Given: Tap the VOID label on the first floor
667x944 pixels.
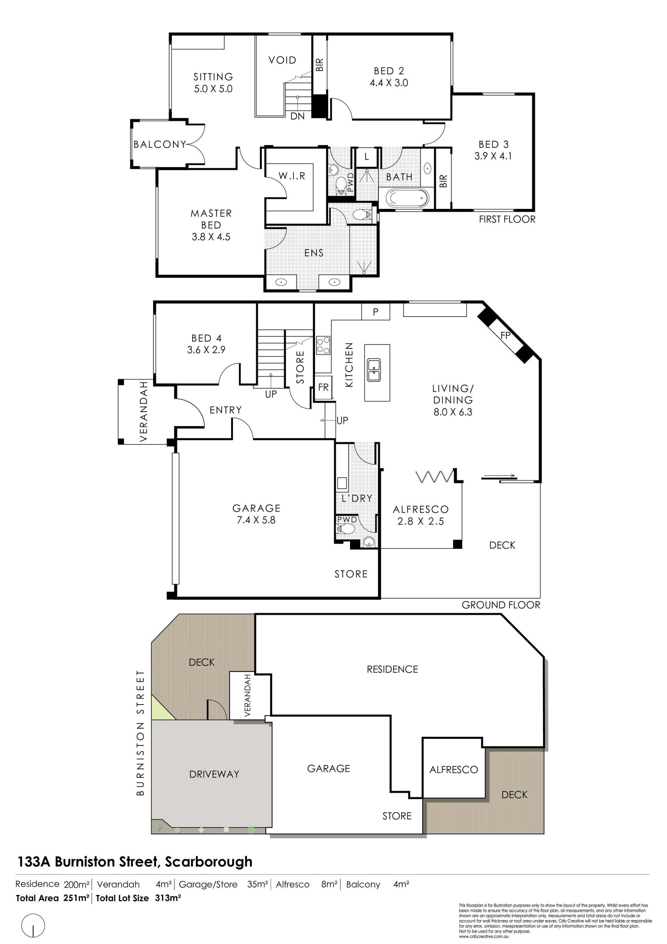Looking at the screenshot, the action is (282, 60).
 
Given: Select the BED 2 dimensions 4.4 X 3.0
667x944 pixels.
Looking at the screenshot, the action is (389, 83).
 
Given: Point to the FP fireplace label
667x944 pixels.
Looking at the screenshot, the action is (505, 335).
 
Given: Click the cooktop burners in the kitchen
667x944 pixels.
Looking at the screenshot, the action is (323, 345).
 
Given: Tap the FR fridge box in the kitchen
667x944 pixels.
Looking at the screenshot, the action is (323, 387).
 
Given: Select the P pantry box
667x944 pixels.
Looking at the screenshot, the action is (376, 312).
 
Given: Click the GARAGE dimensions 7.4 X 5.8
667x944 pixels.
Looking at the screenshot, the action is (256, 520).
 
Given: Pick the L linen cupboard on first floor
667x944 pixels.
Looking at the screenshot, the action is (367, 157).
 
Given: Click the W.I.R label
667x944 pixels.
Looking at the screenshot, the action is (292, 176).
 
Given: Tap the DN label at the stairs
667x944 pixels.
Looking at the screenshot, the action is (297, 116).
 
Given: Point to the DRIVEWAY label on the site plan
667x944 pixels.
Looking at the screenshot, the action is (214, 774).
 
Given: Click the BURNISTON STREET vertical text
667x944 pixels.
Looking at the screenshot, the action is (141, 733).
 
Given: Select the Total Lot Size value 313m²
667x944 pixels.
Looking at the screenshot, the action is (168, 898).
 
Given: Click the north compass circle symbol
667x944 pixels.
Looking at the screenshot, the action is (33, 926).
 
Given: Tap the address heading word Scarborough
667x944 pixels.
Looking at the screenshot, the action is (209, 862).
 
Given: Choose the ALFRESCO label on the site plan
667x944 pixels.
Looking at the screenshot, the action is (454, 770).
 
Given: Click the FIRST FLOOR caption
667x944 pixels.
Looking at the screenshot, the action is (507, 220).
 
